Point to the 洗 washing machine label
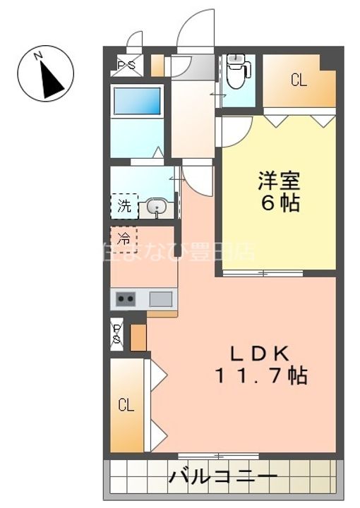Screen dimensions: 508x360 (x=124, y=207)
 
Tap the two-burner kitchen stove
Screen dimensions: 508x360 (x=126, y=299)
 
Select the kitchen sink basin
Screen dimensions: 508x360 (x=160, y=299)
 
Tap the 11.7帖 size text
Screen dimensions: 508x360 (x=260, y=376)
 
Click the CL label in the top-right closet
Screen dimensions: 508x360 (x=299, y=80)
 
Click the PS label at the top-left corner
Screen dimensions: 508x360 (x=127, y=66)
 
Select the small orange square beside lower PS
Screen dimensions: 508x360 (x=138, y=337)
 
